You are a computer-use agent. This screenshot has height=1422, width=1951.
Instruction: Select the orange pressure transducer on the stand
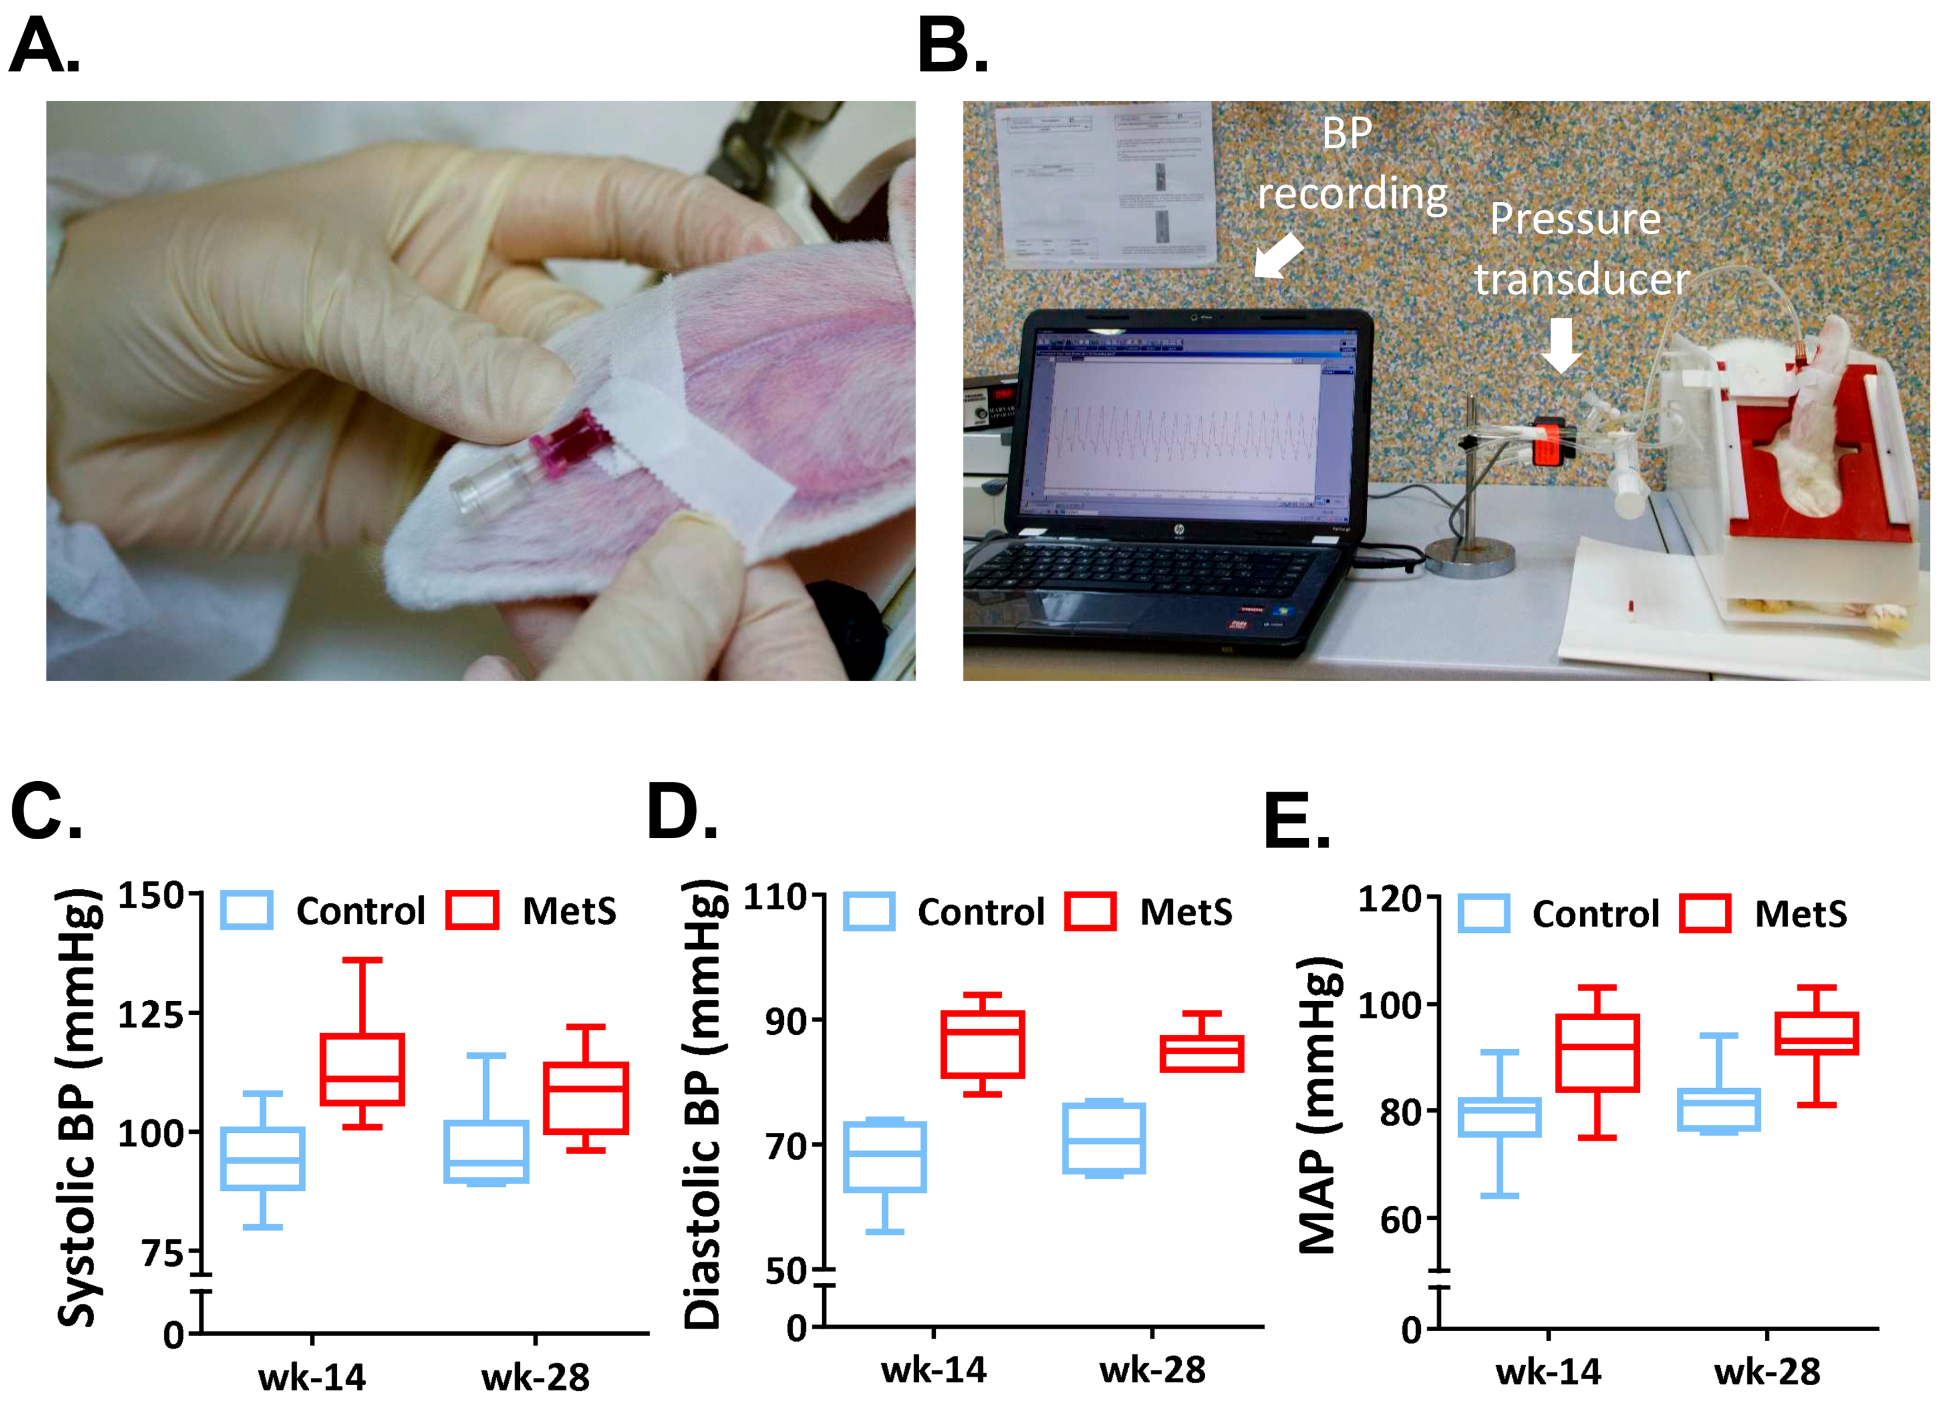[x=1547, y=441]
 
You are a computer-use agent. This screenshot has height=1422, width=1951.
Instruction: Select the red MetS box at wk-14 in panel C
[x=362, y=1069]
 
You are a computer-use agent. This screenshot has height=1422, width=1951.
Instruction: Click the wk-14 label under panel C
[x=312, y=1378]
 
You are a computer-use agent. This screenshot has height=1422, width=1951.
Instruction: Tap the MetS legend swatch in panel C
[x=472, y=910]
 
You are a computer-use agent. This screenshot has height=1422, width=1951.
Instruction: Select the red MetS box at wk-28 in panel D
[x=1201, y=1054]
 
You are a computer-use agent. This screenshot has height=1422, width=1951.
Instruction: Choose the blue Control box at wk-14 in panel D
[x=884, y=1156]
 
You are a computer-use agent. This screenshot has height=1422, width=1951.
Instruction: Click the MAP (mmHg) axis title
[x=1317, y=1106]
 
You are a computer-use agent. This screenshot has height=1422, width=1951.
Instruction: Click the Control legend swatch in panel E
[x=1483, y=913]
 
